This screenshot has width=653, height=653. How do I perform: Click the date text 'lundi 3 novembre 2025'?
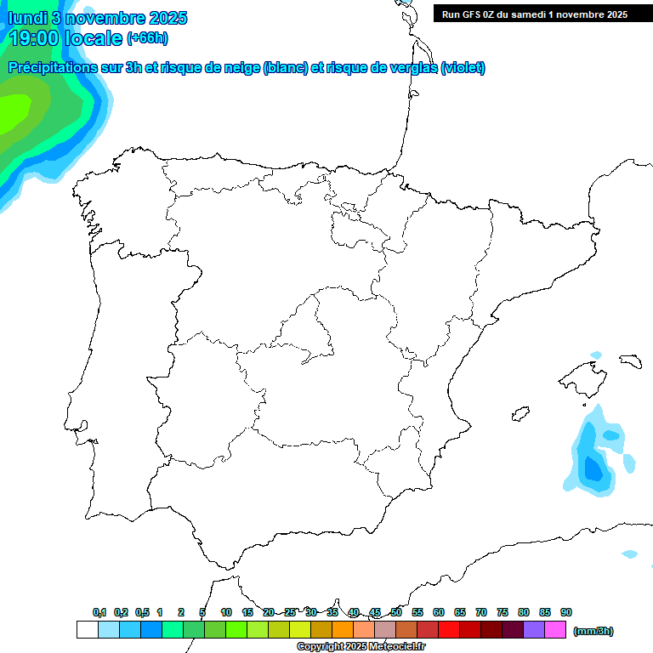point(98,18)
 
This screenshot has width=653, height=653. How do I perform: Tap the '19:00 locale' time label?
point(66,38)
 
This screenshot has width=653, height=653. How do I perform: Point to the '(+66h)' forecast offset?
point(147,38)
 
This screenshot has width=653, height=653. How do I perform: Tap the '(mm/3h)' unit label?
point(593,631)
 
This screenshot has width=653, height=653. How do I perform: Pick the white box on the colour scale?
point(87,630)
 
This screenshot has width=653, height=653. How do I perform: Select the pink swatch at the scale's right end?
point(555,630)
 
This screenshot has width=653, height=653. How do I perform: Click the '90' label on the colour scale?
point(566,612)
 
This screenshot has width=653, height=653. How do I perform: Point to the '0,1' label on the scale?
point(99,612)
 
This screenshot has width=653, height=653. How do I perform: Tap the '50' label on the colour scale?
point(396,612)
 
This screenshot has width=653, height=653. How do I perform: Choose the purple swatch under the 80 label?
point(534,630)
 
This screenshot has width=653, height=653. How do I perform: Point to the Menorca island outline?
point(630,361)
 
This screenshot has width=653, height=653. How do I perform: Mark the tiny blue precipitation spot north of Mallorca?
point(595,355)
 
